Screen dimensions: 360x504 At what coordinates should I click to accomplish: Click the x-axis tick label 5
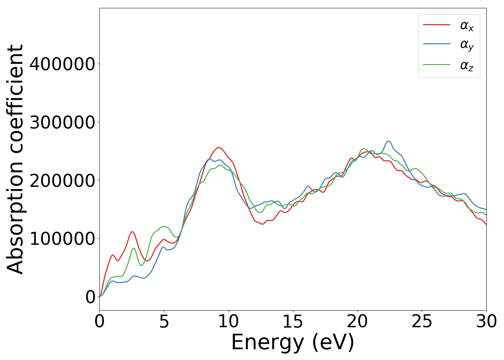coord(164,321)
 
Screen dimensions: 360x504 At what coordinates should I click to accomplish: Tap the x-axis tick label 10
coord(228,321)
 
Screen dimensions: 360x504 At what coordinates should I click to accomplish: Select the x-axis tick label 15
coord(293,321)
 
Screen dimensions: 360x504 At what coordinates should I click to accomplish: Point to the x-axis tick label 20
coord(357,321)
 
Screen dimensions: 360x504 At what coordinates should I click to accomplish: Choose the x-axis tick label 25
coord(422,321)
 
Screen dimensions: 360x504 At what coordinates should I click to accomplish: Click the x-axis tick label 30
coord(486,321)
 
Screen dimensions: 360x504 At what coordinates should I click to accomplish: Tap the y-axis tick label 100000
coord(62,238)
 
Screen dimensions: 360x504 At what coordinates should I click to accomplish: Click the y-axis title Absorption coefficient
coord(15,159)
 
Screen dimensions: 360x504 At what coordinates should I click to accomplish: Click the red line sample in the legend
coord(436,25)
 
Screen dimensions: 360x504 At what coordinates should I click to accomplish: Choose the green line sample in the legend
coord(436,65)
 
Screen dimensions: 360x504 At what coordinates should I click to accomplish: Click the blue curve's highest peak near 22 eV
coord(388,141)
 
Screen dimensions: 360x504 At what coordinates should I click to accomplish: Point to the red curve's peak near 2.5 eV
coord(132,231)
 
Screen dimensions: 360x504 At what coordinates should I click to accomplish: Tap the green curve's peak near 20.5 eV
coord(364,149)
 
